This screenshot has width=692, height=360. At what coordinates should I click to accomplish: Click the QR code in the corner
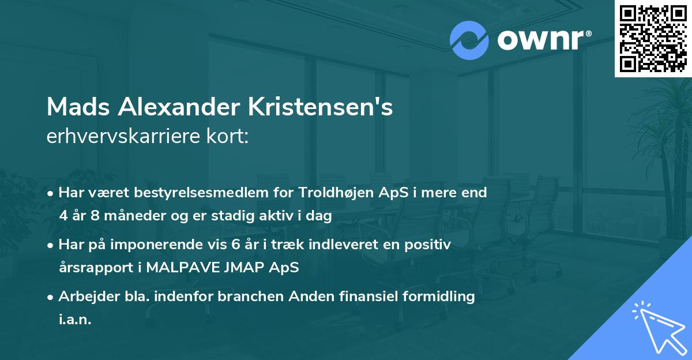pyautogui.click(x=653, y=38)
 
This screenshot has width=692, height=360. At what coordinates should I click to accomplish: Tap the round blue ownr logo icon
pyautogui.click(x=469, y=40)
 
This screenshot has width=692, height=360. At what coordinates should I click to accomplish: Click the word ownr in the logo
pyautogui.click(x=541, y=40)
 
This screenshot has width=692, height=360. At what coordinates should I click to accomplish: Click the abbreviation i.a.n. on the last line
pyautogui.click(x=75, y=320)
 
